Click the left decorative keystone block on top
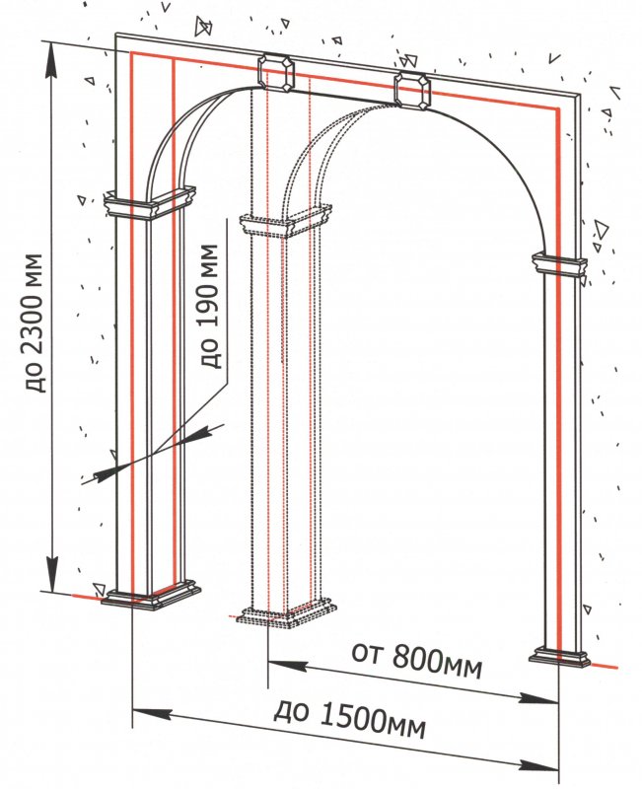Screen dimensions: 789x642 coord(276,73)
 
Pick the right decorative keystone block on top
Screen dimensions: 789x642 coord(412,89)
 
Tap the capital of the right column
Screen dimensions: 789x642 coord(560,264)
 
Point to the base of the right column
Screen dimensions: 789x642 coord(560,656)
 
